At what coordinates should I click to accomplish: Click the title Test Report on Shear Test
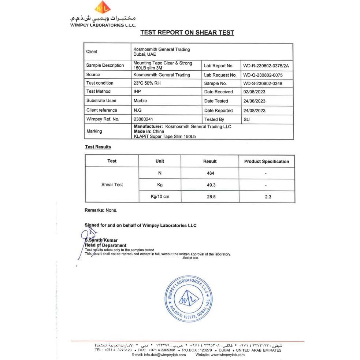pyautogui.click(x=187, y=33)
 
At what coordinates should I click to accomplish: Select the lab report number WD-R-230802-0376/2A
pyautogui.click(x=266, y=66)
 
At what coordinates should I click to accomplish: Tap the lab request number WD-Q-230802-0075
pyautogui.click(x=263, y=75)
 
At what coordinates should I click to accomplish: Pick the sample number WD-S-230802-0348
pyautogui.click(x=263, y=83)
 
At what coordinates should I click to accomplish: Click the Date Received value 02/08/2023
pyautogui.click(x=254, y=92)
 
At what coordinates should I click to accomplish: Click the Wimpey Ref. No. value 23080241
pyautogui.click(x=144, y=119)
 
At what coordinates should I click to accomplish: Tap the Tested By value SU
pyautogui.click(x=246, y=119)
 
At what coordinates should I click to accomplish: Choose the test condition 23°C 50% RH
pyautogui.click(x=147, y=83)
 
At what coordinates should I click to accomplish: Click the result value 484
pyautogui.click(x=210, y=173)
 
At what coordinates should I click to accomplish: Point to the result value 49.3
pyautogui.click(x=211, y=185)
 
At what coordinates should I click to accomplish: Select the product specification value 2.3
pyautogui.click(x=268, y=197)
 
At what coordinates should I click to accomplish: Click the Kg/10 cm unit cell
pyautogui.click(x=160, y=197)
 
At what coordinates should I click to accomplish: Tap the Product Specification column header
pyautogui.click(x=267, y=162)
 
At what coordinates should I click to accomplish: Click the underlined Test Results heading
pyautogui.click(x=98, y=147)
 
